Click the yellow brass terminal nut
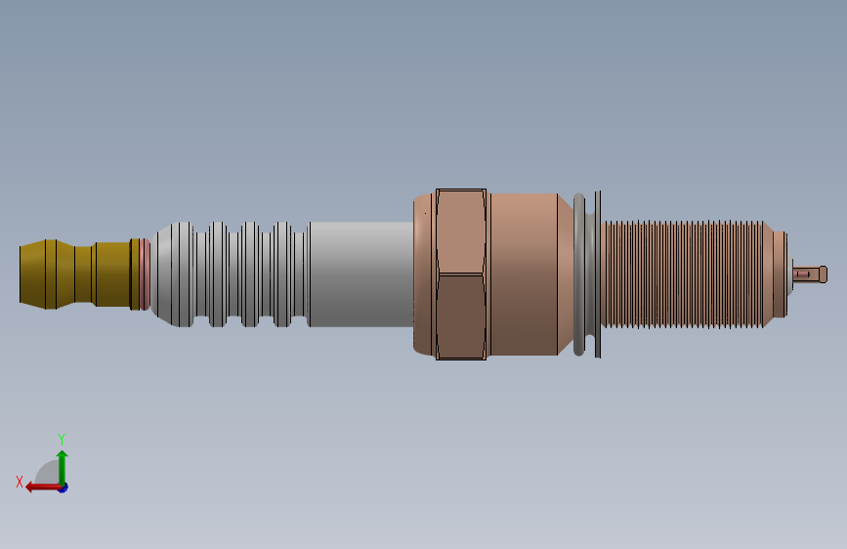pyautogui.click(x=75, y=274)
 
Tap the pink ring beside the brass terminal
pyautogui.click(x=145, y=274)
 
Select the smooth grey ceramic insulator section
pyautogui.click(x=361, y=274)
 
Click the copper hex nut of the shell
pyautogui.click(x=461, y=274)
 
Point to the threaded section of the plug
pyautogui.click(x=682, y=274)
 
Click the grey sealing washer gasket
pyautogui.click(x=579, y=274)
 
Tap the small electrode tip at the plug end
pyautogui.click(x=810, y=274)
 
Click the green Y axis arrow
pyautogui.click(x=63, y=469)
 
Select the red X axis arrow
pyautogui.click(x=45, y=487)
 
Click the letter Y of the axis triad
pyautogui.click(x=62, y=439)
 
